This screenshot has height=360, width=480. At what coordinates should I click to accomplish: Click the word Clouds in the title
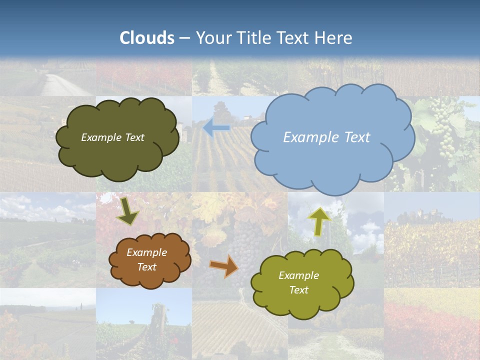tap(147, 38)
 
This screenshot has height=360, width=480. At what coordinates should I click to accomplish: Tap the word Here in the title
tap(333, 38)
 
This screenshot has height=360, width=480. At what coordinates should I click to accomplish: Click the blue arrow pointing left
tap(216, 128)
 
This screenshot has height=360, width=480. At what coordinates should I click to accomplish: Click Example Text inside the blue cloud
tap(326, 137)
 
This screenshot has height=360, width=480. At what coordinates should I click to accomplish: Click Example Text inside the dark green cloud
tap(112, 137)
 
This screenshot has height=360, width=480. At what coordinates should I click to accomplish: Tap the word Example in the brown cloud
tap(146, 252)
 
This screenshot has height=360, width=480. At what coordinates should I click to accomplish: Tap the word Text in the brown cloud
tap(146, 267)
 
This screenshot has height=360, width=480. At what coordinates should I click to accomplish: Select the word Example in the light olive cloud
tap(298, 275)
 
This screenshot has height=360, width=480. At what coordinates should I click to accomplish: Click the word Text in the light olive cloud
tap(298, 290)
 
